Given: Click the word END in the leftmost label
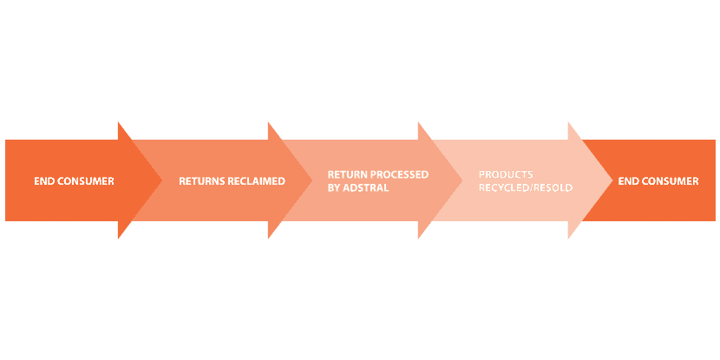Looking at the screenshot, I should [x=43, y=181].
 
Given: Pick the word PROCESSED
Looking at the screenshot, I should [x=401, y=174].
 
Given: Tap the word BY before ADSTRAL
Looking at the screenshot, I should [x=335, y=187].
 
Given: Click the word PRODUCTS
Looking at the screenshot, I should [x=506, y=174].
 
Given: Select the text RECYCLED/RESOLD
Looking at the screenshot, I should [x=526, y=187].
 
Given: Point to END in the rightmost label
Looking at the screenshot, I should [x=628, y=181].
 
